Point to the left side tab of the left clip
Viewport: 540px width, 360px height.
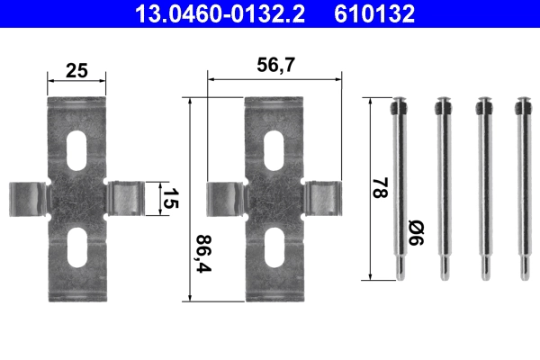[x=29, y=197]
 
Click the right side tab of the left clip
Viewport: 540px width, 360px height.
[x=127, y=197]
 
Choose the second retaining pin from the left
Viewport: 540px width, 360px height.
[x=441, y=190]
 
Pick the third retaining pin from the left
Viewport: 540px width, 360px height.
[x=482, y=190]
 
